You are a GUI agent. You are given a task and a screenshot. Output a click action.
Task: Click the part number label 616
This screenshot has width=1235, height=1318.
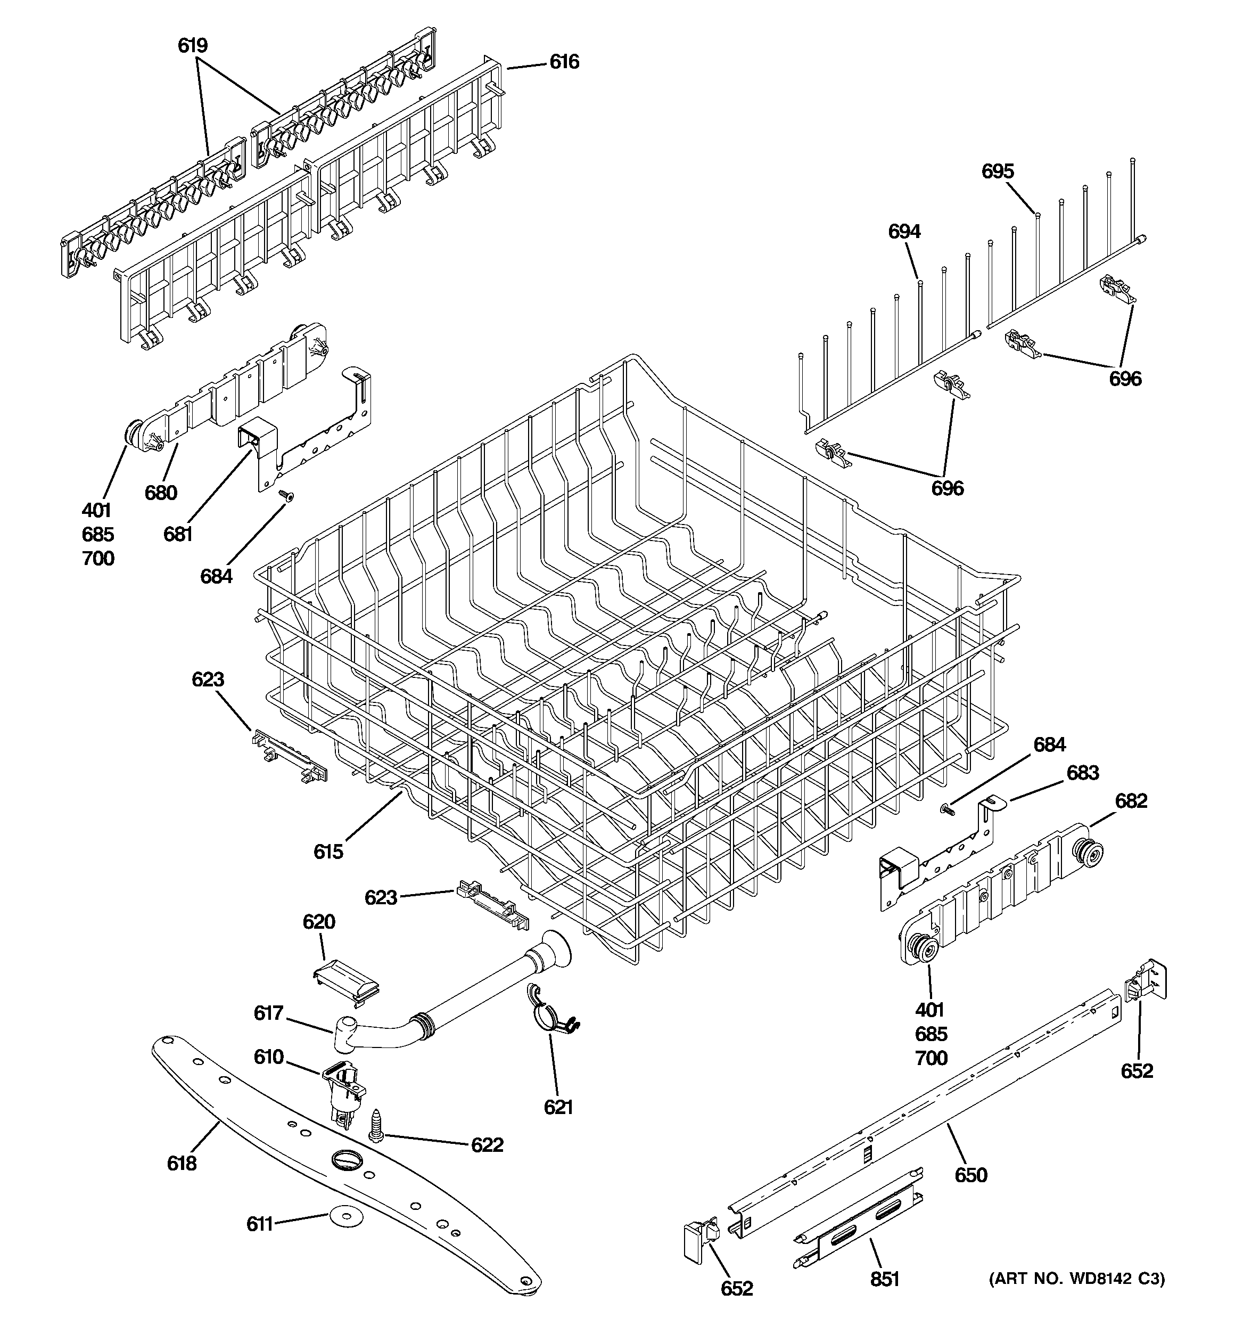pos(564,62)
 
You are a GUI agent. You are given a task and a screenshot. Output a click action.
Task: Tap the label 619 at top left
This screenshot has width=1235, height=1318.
pos(192,46)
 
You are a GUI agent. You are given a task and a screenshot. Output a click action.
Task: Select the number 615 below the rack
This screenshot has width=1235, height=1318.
pos(328,852)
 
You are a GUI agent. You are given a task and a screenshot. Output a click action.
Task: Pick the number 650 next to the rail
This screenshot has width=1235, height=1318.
pos(970,1175)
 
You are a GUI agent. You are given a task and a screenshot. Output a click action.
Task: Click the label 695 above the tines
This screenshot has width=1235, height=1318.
pos(998,171)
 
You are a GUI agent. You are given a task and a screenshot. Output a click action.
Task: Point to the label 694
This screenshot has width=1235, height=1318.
pos(904,231)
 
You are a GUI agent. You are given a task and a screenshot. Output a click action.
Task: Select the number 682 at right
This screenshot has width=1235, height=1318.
pos(1131,801)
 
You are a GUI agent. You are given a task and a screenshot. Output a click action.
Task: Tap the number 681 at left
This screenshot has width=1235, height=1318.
pos(178,534)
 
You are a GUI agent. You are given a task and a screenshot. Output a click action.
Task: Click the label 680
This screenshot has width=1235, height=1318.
pos(161,493)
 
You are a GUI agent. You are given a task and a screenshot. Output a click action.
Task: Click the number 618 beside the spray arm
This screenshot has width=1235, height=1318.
pos(182,1163)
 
